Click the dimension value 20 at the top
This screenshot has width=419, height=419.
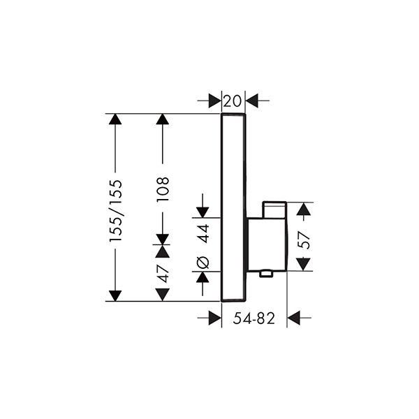tap(233, 101)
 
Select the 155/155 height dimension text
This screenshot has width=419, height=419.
tap(116, 212)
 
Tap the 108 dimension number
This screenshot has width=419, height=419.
tap(163, 189)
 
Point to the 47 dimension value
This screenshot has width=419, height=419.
tap(163, 274)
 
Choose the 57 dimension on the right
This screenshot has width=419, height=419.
tap(304, 240)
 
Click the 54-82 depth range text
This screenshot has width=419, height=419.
tap(254, 318)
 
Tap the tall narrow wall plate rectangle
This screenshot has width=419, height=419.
tap(233, 207)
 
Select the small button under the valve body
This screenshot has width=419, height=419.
tap(266, 273)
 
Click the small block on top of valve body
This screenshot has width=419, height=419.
tap(274, 210)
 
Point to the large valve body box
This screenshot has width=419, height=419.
tap(267, 245)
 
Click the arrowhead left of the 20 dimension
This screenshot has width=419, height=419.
tap(215, 101)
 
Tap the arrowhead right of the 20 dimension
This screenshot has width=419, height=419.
tap(251, 101)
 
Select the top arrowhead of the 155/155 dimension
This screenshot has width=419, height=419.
tap(115, 119)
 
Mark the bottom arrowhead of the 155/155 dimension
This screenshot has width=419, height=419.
tap(115, 296)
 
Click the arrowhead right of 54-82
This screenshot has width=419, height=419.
tap(293, 318)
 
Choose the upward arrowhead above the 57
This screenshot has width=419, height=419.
tap(304, 209)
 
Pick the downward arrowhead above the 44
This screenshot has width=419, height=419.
tap(203, 212)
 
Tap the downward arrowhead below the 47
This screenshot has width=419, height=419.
tap(163, 295)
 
